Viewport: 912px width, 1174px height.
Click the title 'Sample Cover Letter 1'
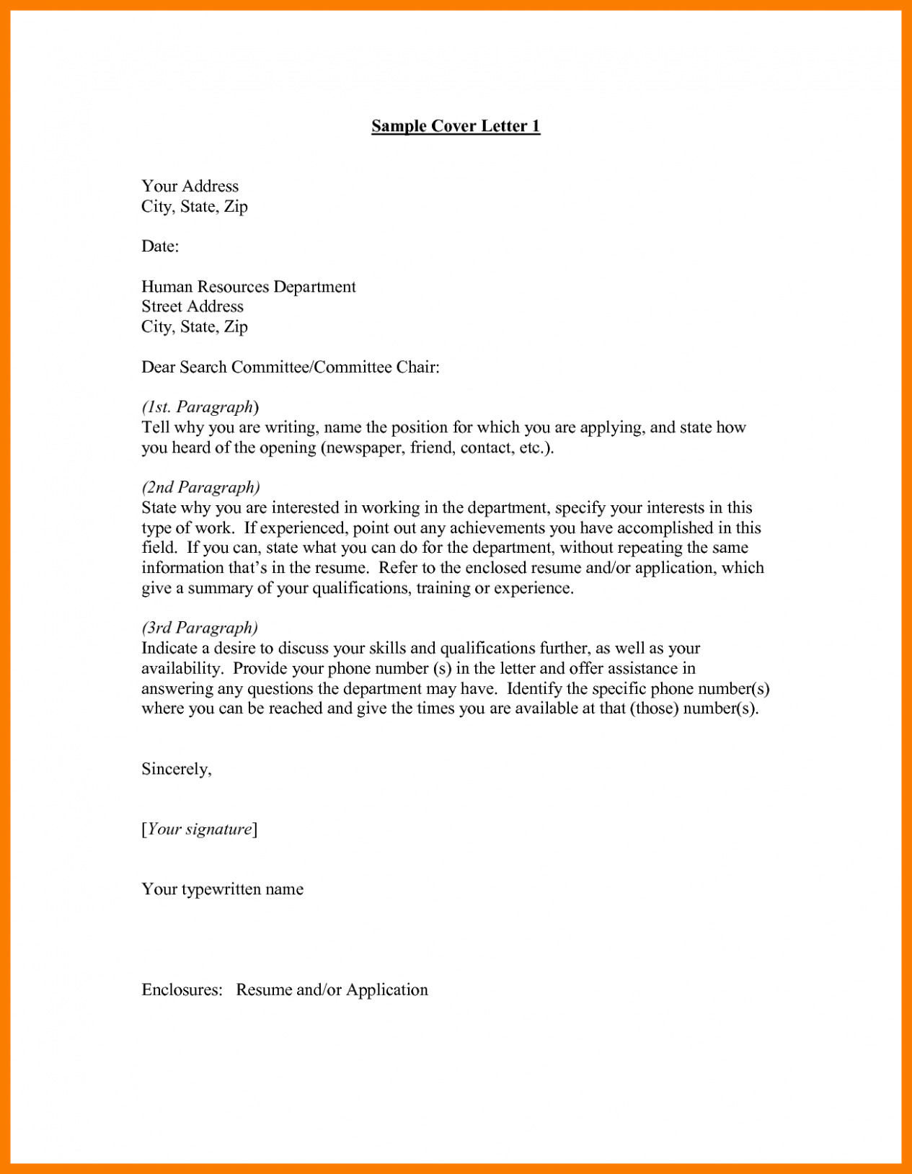pos(456,126)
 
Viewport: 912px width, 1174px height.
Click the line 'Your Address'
pos(190,186)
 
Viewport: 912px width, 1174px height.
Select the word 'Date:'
pos(160,246)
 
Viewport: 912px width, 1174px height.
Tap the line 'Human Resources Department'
pos(249,287)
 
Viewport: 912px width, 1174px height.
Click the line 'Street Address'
pos(192,306)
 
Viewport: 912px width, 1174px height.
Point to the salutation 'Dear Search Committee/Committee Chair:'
pos(291,368)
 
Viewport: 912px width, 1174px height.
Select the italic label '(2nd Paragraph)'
pos(200,487)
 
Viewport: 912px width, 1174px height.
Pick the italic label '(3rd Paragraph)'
pos(200,628)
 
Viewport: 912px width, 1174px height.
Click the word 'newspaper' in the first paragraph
pos(364,448)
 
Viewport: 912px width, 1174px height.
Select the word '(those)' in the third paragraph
pos(654,708)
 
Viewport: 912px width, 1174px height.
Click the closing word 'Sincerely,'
pos(177,769)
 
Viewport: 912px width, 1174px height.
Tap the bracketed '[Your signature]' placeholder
pos(200,830)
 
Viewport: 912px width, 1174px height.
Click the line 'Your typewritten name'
pos(222,889)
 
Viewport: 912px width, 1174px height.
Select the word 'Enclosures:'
pos(182,990)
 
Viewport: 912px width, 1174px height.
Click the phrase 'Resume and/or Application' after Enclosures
pos(332,990)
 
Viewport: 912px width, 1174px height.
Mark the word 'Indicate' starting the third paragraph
pos(169,649)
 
